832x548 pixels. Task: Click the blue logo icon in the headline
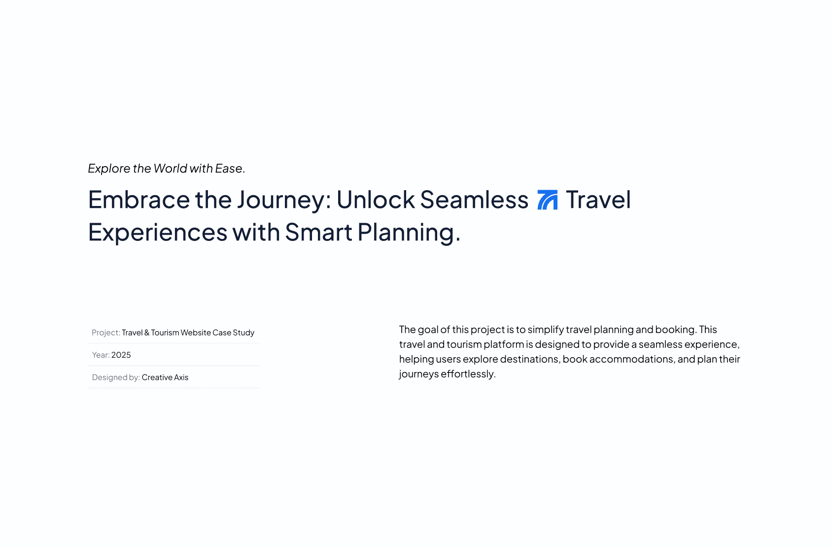point(547,200)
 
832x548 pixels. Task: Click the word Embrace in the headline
point(139,200)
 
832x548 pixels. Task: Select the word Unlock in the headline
point(376,200)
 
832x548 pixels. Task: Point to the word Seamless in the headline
point(474,200)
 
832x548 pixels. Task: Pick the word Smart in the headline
point(319,232)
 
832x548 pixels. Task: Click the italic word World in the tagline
point(170,168)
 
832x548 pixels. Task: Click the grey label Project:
point(106,333)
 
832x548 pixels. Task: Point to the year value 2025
point(121,355)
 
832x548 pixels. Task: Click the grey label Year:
point(101,355)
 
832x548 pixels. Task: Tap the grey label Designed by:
point(116,377)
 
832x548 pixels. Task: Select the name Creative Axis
point(165,377)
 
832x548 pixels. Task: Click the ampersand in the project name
point(147,333)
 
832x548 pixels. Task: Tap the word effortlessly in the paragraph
point(468,374)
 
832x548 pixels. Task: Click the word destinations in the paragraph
point(530,359)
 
